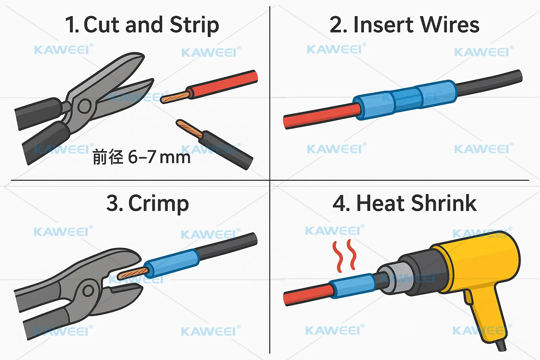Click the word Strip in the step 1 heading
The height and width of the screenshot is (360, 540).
pyautogui.click(x=194, y=25)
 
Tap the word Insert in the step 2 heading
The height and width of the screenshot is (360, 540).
pyautogui.click(x=383, y=25)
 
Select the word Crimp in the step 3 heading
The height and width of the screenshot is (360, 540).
pyautogui.click(x=159, y=204)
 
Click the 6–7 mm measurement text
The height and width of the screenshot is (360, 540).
pyautogui.click(x=159, y=157)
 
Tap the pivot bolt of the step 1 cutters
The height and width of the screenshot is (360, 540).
pyautogui.click(x=84, y=106)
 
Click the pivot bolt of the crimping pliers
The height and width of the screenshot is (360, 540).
pyautogui.click(x=88, y=290)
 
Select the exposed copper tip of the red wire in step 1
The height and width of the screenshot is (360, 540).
pyautogui.click(x=174, y=97)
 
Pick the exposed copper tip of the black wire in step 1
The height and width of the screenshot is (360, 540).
pyautogui.click(x=188, y=129)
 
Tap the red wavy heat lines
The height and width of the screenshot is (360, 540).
pyautogui.click(x=345, y=256)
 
